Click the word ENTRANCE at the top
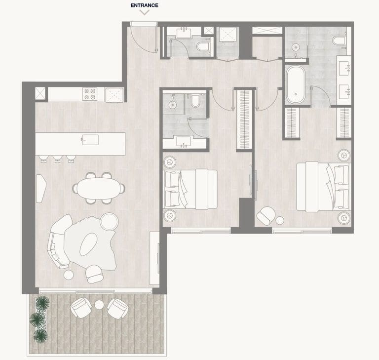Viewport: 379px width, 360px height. click(144, 5)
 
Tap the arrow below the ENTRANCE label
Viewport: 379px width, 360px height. click(144, 13)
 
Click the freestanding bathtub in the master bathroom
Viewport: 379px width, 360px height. click(296, 85)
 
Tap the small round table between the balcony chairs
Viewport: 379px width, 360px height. click(99, 305)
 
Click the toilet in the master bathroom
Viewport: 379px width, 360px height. click(340, 42)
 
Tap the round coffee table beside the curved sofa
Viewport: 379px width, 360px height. click(108, 222)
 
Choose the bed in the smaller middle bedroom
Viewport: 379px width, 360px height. click(190, 188)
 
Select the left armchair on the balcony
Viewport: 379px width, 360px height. click(80, 308)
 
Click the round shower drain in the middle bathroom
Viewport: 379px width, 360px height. click(173, 104)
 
